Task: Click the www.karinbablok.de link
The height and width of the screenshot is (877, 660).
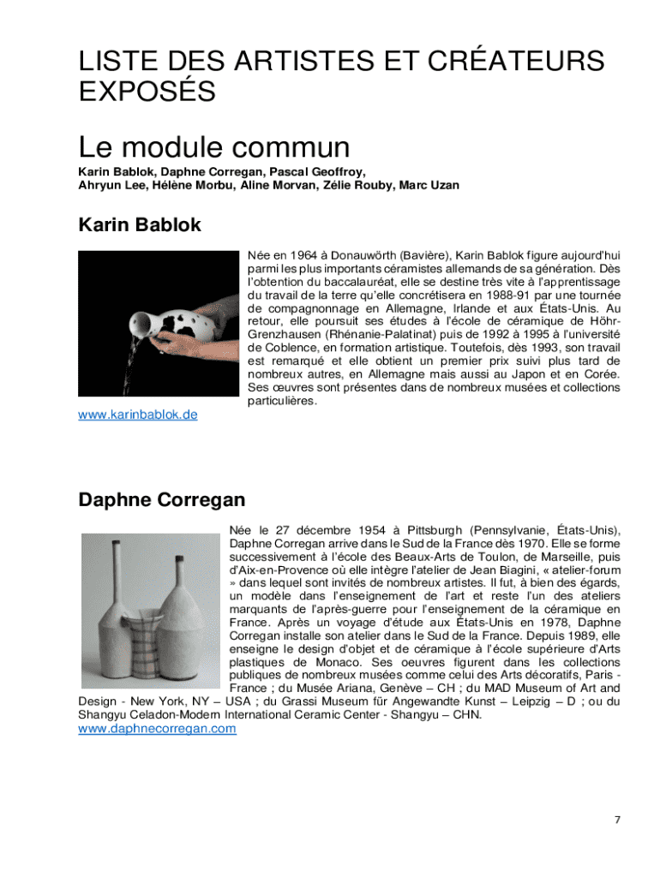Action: [138, 415]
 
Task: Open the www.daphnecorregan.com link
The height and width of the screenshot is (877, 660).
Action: [157, 729]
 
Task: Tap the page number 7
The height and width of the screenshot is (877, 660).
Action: [617, 820]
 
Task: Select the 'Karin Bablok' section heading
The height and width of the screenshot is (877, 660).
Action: [140, 224]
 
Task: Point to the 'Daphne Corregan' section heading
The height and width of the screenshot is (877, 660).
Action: [162, 499]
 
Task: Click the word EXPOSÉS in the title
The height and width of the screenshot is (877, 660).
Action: [147, 91]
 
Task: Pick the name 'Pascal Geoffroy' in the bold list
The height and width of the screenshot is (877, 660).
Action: [317, 171]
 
